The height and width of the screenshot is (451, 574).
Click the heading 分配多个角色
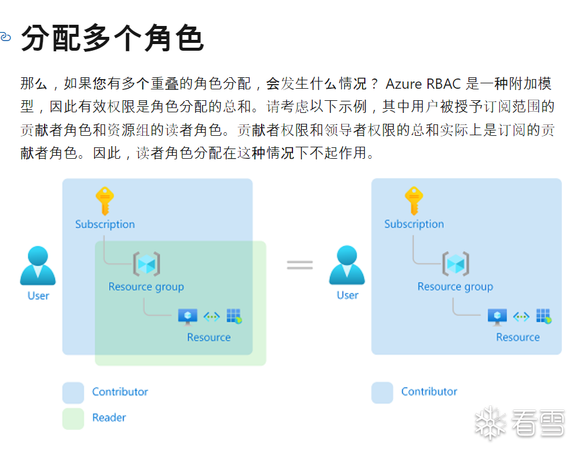tap(112, 39)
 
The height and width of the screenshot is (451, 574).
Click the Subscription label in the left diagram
tap(105, 224)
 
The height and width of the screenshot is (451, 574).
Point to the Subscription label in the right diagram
tap(414, 224)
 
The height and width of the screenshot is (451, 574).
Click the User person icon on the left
tap(38, 266)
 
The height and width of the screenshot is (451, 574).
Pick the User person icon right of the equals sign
tap(347, 266)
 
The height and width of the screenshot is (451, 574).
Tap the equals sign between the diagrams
tap(300, 264)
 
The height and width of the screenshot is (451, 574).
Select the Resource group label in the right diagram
tap(455, 287)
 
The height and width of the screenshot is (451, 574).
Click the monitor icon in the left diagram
tap(188, 316)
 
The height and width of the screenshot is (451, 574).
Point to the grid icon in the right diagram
tap(543, 316)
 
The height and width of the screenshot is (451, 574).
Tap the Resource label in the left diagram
tap(209, 337)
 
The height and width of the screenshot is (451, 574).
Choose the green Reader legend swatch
tap(73, 418)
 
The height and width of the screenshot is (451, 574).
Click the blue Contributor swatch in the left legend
tap(73, 392)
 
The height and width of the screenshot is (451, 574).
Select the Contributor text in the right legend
tap(429, 392)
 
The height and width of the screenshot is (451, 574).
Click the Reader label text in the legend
tap(109, 417)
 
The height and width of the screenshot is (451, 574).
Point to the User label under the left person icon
tap(38, 295)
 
